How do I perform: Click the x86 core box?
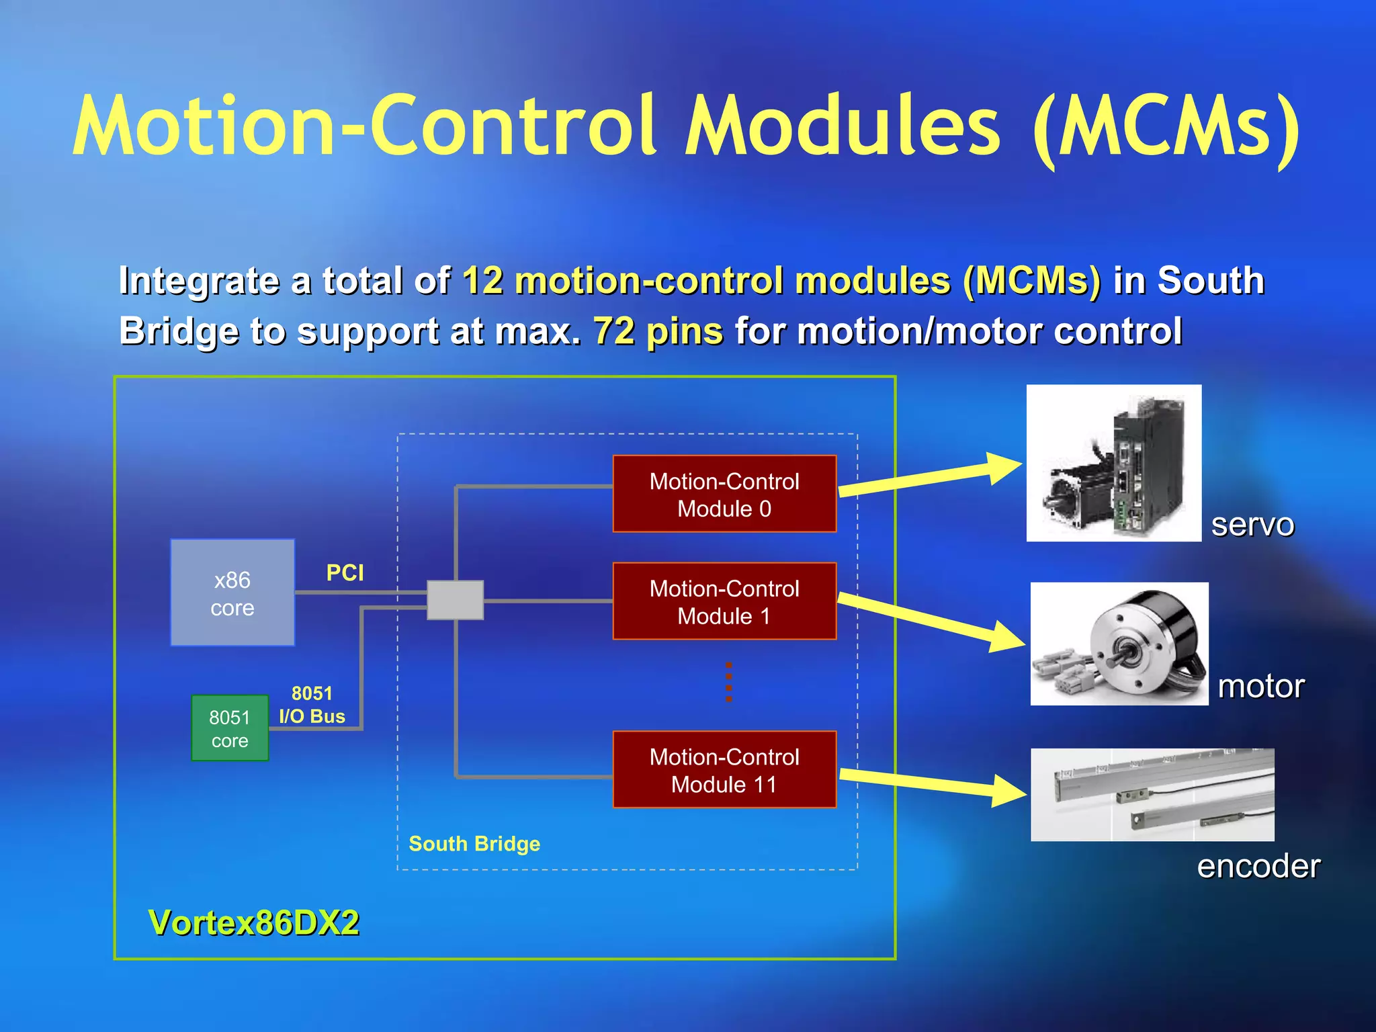pyautogui.click(x=232, y=593)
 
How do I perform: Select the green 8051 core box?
pyautogui.click(x=230, y=728)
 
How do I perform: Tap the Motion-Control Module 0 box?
pyautogui.click(x=724, y=494)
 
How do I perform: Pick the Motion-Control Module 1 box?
pyautogui.click(x=724, y=601)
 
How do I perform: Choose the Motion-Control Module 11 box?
pyautogui.click(x=724, y=770)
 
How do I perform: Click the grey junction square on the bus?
pyautogui.click(x=456, y=600)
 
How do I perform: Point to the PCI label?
pyautogui.click(x=345, y=573)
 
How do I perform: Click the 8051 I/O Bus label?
pyautogui.click(x=312, y=705)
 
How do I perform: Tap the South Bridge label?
pyautogui.click(x=474, y=844)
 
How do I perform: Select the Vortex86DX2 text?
pyautogui.click(x=254, y=922)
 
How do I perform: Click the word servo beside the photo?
pyautogui.click(x=1252, y=525)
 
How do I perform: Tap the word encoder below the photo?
pyautogui.click(x=1258, y=867)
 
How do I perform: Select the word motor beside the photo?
pyautogui.click(x=1261, y=687)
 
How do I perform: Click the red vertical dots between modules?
pyautogui.click(x=729, y=682)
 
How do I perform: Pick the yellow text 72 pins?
pyautogui.click(x=658, y=331)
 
